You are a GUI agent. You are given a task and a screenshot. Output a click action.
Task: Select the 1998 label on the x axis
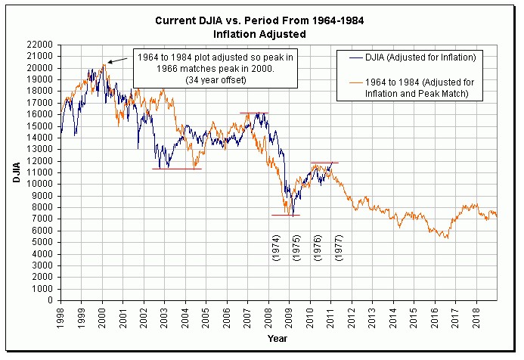point(61,315)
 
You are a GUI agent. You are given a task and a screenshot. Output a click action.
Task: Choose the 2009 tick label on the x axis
point(290,315)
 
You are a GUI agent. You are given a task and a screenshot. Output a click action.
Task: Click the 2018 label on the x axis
point(476,315)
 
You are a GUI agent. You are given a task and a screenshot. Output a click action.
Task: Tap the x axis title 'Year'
point(277,338)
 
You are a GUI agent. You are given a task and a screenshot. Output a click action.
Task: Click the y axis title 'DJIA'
point(16,172)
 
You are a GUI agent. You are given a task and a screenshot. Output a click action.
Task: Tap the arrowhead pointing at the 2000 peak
point(109,62)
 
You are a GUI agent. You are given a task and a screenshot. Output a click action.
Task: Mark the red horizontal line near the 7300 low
point(285,216)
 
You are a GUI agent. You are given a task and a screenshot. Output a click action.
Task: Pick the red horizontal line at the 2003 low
point(177,169)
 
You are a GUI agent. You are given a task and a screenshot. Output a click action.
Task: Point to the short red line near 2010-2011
point(324,163)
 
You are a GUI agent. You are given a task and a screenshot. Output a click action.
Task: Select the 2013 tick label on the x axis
point(373,315)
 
